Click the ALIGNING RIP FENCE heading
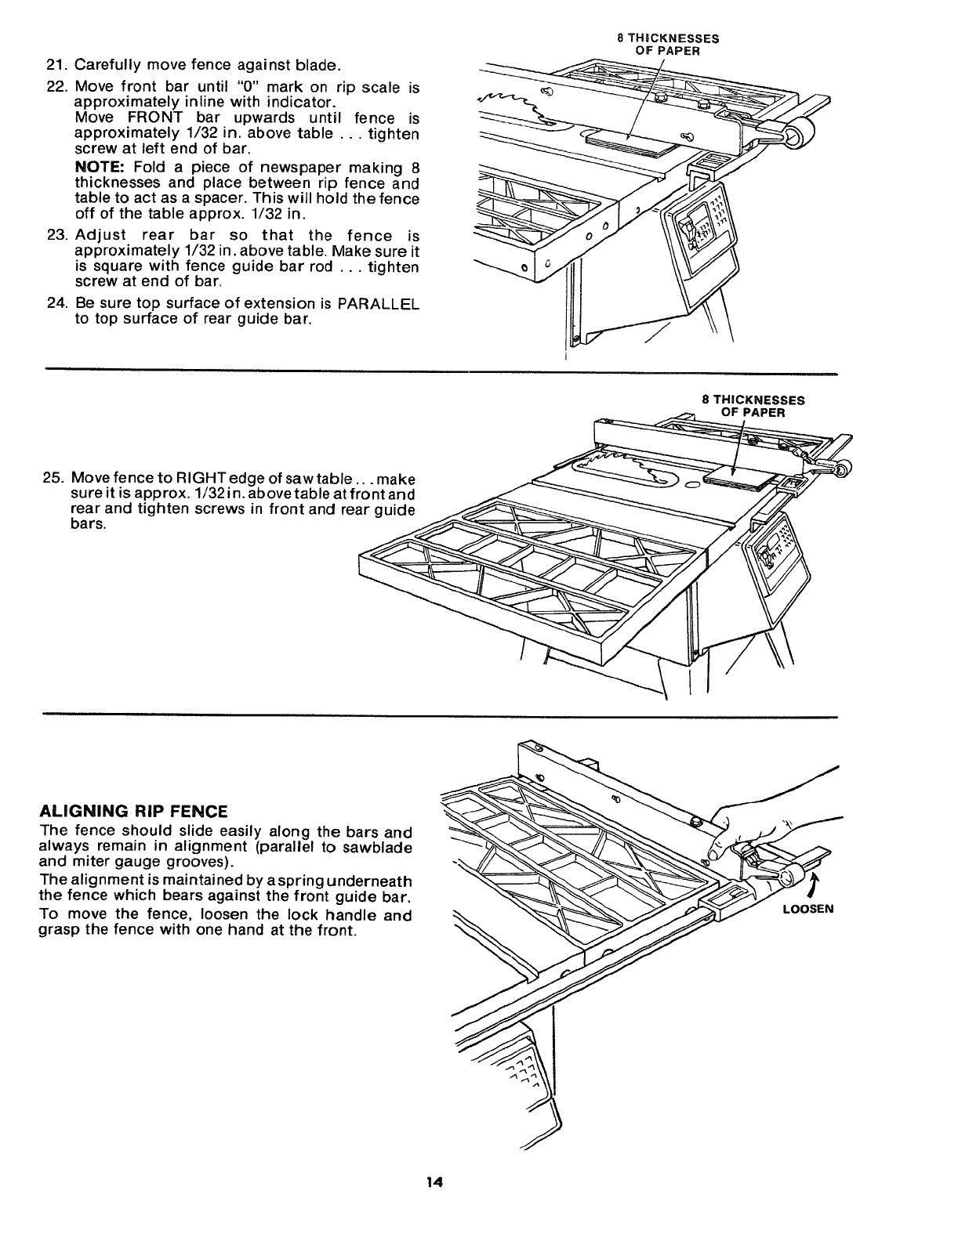click(133, 810)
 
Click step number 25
click(54, 478)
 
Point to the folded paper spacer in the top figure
click(631, 143)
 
